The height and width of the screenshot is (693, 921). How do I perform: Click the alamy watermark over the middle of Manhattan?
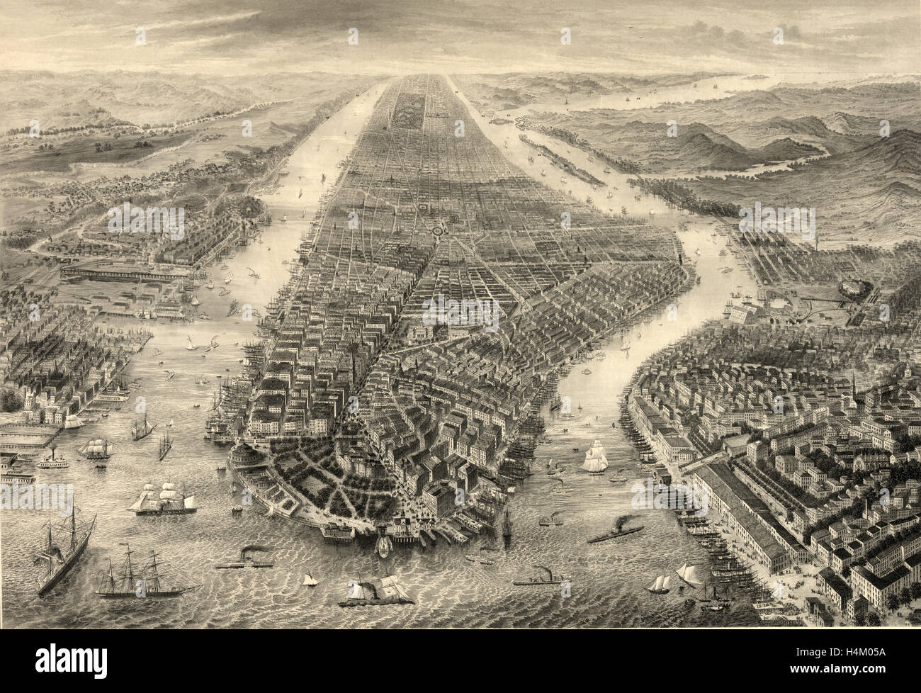coord(460,309)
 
